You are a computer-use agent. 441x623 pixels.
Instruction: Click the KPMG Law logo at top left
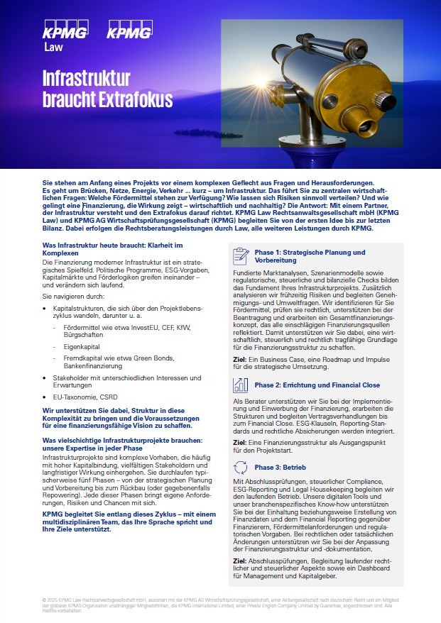pos(65,37)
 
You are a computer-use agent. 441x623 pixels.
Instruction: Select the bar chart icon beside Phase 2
pos(241,385)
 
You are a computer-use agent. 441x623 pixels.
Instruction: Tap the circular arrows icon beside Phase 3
pos(241,467)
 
